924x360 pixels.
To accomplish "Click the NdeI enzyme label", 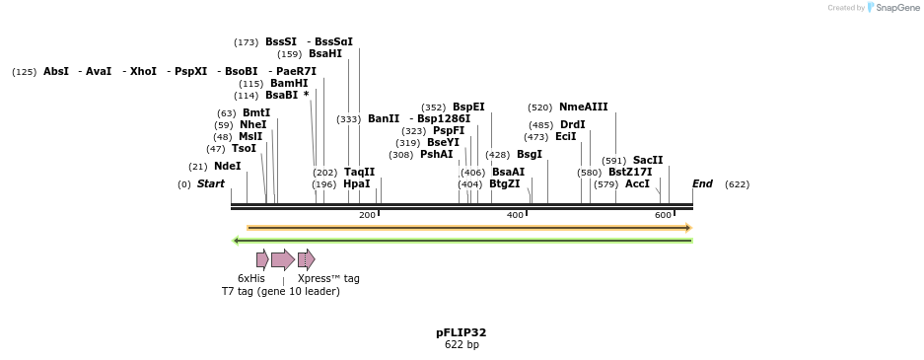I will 227,167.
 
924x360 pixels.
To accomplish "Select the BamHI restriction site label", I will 288,84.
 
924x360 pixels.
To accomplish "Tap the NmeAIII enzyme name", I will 583,108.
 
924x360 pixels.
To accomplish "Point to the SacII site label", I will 648,161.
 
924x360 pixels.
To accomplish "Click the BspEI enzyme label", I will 468,108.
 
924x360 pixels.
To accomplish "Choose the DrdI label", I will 572,125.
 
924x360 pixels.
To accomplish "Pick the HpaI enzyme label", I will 357,184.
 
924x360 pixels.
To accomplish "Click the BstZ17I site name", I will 630,173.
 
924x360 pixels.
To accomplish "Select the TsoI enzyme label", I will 244,149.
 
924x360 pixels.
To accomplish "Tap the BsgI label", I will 529,155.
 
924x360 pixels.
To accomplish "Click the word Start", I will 211,184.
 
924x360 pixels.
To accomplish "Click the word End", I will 702,184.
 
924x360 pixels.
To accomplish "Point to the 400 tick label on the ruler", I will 515,215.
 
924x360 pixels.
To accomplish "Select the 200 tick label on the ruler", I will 367,215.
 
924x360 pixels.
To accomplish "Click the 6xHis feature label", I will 251,279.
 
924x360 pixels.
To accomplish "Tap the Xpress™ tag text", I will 328,279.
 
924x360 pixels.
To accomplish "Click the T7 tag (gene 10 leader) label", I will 281,292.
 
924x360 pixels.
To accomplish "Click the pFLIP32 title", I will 462,333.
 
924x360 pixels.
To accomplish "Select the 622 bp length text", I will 462,345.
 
